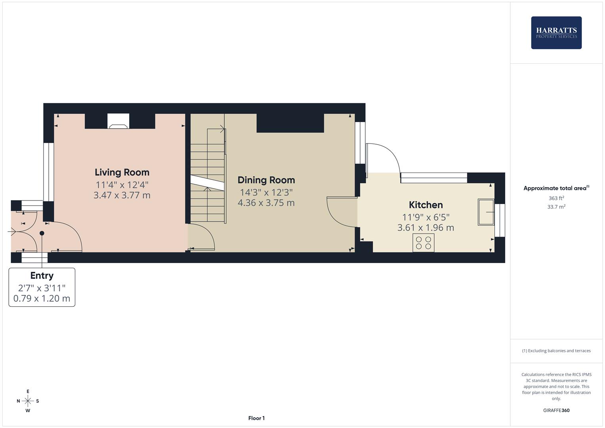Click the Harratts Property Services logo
click(556, 32)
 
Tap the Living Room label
click(122, 172)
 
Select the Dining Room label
click(266, 180)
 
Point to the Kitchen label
click(426, 205)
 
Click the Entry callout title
click(42, 276)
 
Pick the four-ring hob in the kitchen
click(424, 243)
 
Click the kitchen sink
click(486, 212)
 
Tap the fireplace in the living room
click(118, 121)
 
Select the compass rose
click(28, 401)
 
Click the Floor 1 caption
click(256, 418)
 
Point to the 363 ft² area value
click(556, 198)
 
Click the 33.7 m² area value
click(556, 207)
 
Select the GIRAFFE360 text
click(556, 411)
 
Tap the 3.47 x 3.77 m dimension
click(122, 195)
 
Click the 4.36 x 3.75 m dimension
click(266, 203)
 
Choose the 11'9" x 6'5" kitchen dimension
click(426, 217)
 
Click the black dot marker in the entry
click(42, 233)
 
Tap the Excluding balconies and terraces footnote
click(556, 351)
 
